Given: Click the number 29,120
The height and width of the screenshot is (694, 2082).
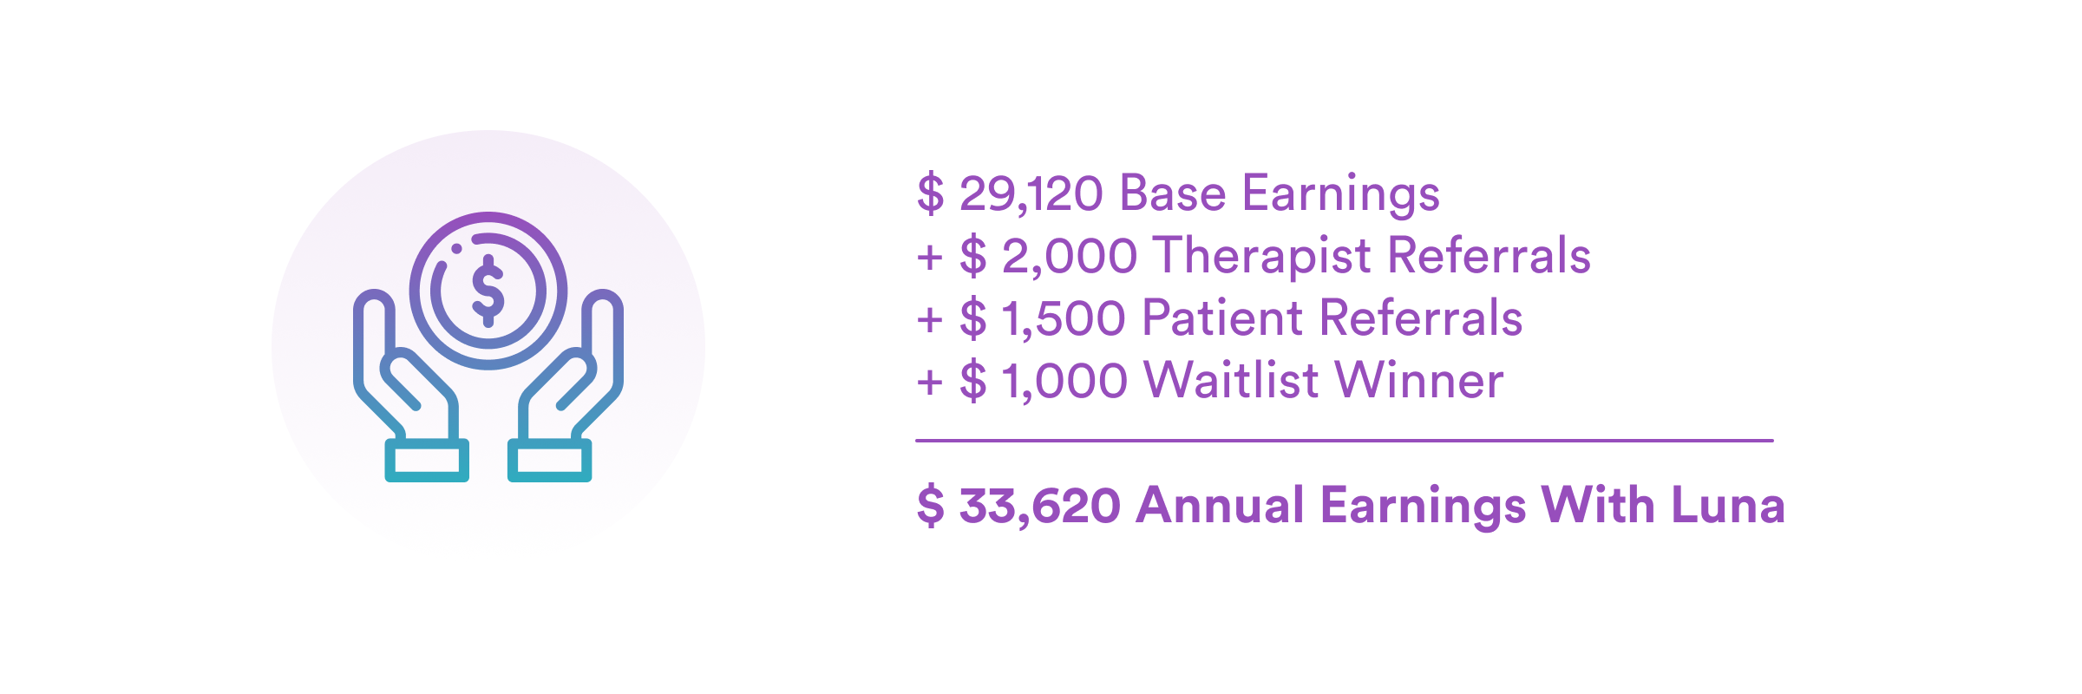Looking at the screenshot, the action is click(x=1031, y=193).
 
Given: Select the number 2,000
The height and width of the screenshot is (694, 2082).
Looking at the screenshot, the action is click(x=1069, y=256).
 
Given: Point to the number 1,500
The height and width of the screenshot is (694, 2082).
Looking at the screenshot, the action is click(x=1064, y=318).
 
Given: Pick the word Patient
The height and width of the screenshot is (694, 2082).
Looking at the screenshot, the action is click(x=1222, y=318).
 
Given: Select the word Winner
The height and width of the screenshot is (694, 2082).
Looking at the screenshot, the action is click(x=1419, y=380).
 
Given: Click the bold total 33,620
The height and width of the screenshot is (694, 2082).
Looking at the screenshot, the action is click(x=1039, y=506).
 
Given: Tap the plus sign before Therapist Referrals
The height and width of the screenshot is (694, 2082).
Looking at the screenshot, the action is click(x=929, y=257).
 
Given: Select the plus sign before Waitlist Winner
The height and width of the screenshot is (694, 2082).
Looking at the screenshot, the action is click(x=929, y=382).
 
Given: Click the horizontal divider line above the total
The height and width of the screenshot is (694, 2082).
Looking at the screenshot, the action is click(x=1345, y=441).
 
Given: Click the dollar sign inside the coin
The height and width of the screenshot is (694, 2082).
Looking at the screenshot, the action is click(x=488, y=291).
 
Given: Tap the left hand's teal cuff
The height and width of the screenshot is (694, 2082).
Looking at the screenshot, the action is click(x=427, y=460).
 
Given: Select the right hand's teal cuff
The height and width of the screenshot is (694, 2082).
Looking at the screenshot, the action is click(x=550, y=460).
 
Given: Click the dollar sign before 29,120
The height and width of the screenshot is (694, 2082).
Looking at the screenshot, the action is click(x=930, y=193).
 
